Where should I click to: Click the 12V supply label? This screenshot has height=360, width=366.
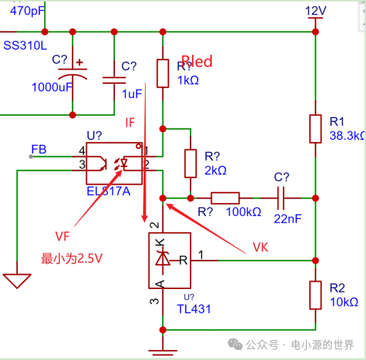(x=315, y=11)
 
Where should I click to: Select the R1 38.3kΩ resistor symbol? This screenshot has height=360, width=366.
(x=315, y=129)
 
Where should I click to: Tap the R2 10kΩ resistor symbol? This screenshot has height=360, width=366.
(x=315, y=294)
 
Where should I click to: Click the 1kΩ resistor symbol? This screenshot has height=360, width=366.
(x=163, y=73)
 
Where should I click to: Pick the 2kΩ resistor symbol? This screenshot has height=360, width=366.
(x=190, y=163)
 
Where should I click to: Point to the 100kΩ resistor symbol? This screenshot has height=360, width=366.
(x=225, y=198)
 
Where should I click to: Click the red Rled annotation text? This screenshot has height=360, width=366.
(x=196, y=61)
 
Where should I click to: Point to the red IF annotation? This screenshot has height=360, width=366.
(x=130, y=122)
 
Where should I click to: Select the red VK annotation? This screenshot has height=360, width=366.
(x=264, y=248)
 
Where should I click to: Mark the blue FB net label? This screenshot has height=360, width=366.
(x=39, y=149)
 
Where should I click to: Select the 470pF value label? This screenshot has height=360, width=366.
(x=23, y=10)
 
